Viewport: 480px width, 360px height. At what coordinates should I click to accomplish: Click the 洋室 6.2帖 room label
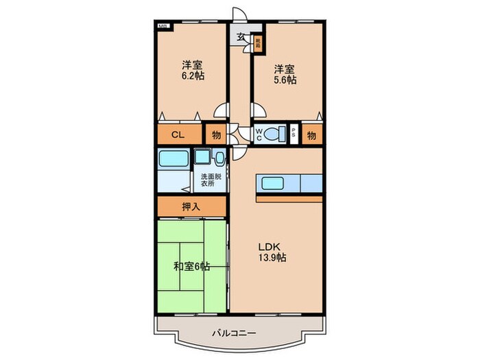192,71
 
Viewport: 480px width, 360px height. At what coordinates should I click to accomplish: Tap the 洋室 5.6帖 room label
285,74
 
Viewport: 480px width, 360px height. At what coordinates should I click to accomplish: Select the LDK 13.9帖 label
273,252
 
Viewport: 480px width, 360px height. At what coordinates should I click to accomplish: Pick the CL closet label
178,135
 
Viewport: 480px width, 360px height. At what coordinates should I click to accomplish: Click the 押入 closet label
191,206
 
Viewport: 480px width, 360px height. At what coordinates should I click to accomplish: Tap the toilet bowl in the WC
278,134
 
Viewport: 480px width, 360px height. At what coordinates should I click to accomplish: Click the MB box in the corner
163,26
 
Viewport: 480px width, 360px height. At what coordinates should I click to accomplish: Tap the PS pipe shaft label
293,134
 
